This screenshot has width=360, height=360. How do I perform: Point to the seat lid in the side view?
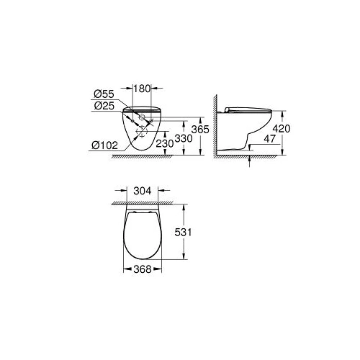coord(248,109)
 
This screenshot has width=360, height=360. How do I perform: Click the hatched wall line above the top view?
coord(144,200)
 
